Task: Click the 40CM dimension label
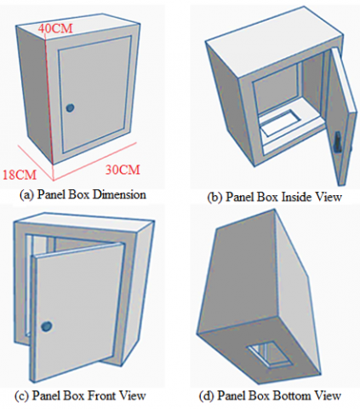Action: (55, 28)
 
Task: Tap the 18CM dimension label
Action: (20, 175)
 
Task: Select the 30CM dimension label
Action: (123, 170)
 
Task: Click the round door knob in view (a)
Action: (70, 107)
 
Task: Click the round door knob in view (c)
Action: (47, 326)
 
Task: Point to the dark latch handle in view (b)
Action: (338, 142)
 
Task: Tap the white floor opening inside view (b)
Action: (280, 123)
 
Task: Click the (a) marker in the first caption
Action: (27, 195)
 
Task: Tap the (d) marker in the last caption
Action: (207, 395)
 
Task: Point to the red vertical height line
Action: (49, 95)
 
